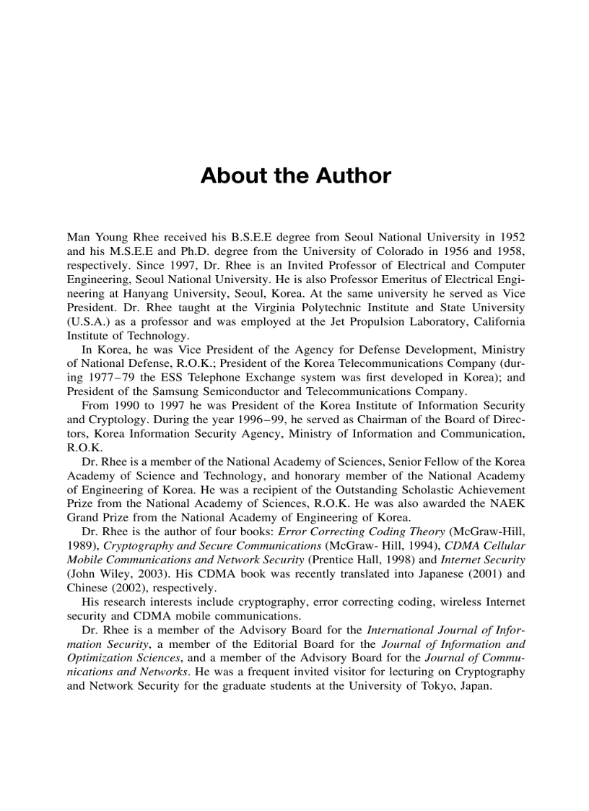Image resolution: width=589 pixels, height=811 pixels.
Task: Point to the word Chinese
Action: pyautogui.click(x=87, y=588)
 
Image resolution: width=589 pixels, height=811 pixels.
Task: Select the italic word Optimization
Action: pyautogui.click(x=100, y=658)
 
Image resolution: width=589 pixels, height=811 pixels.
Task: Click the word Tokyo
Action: pyautogui.click(x=435, y=686)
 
